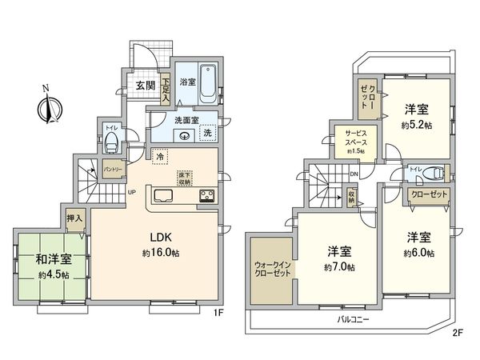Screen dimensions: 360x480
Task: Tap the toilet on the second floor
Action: click(431, 172)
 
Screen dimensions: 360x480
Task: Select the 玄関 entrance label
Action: click(144, 86)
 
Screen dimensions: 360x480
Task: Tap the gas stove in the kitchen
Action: click(205, 196)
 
